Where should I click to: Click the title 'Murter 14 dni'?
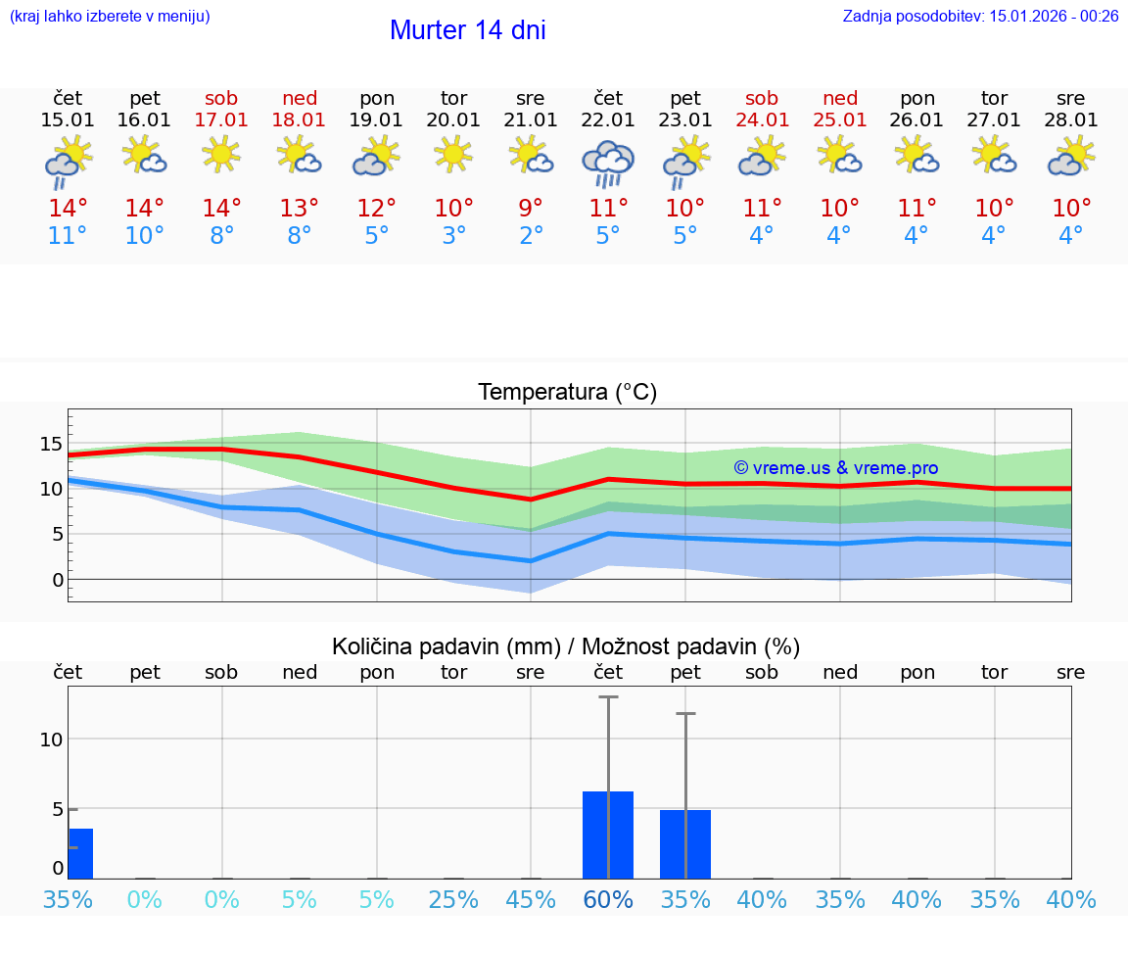tap(467, 30)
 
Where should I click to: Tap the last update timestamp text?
tap(980, 16)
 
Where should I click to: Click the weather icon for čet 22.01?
tap(608, 164)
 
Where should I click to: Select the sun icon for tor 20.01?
tap(453, 153)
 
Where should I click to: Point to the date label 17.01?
tap(222, 120)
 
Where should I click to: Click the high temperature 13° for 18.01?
tap(300, 208)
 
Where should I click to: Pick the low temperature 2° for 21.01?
tap(531, 236)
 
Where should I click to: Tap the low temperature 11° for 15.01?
tap(68, 236)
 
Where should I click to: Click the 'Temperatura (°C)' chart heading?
tap(567, 393)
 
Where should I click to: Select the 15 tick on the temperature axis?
tap(50, 444)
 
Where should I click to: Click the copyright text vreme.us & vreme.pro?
tap(835, 468)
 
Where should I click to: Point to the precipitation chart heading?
tap(566, 646)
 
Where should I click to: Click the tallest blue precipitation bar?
tap(608, 835)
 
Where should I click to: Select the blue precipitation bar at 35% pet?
tap(685, 843)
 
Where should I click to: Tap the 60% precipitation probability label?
tap(608, 899)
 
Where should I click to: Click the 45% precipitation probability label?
tap(531, 899)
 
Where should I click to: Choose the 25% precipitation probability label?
tap(453, 899)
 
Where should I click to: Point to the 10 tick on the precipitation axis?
tap(51, 740)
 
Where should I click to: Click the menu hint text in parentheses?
tap(109, 16)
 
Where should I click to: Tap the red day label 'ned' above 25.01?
tap(840, 98)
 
